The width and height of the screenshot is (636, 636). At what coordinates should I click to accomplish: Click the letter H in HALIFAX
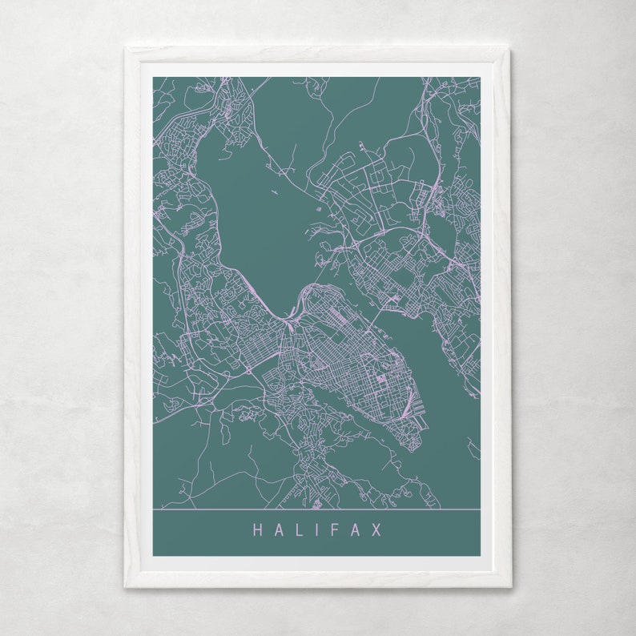pyautogui.click(x=258, y=530)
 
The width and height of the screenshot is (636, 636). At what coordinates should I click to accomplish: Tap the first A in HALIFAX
pyautogui.click(x=278, y=530)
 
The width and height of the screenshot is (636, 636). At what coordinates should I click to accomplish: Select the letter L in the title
pyautogui.click(x=298, y=530)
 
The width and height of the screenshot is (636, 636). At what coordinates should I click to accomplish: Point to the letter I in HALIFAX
pyautogui.click(x=317, y=530)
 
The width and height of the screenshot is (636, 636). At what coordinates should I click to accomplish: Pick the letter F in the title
pyautogui.click(x=336, y=530)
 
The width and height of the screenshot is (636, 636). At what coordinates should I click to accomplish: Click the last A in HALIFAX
pyautogui.click(x=356, y=530)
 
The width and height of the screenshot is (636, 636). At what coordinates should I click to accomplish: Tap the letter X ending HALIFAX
pyautogui.click(x=376, y=530)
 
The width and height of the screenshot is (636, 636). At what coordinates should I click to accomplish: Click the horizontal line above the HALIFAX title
pyautogui.click(x=316, y=509)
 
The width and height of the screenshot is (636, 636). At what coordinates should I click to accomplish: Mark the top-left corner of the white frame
pyautogui.click(x=126, y=49)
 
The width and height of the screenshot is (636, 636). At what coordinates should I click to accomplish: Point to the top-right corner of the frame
pyautogui.click(x=509, y=49)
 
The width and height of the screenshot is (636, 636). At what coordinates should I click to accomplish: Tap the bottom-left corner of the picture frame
pyautogui.click(x=126, y=586)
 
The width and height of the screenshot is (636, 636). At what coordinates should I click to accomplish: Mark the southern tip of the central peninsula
pyautogui.click(x=413, y=449)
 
